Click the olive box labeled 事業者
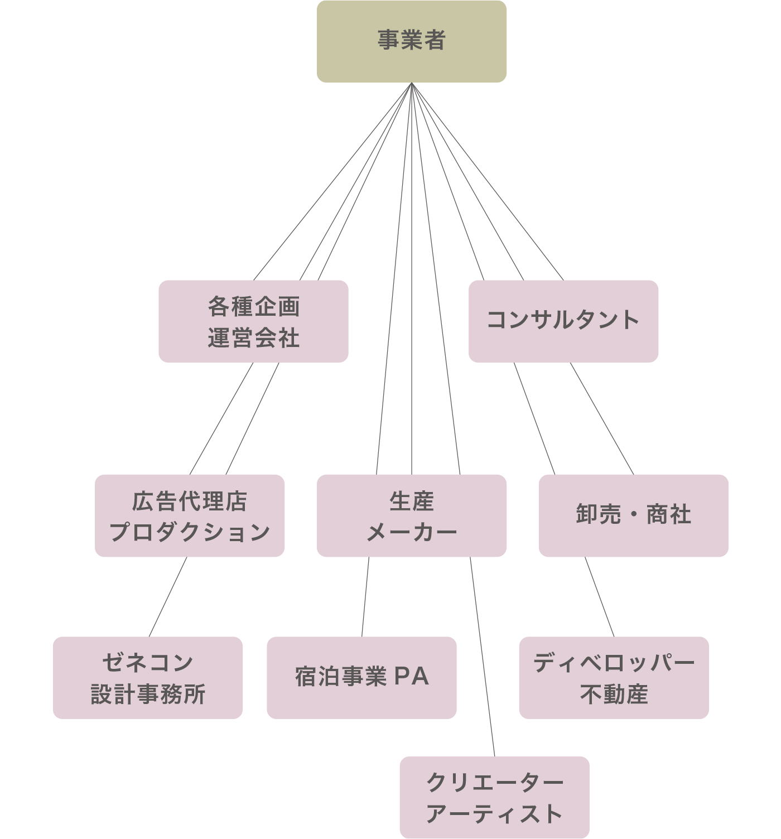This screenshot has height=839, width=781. point(411,41)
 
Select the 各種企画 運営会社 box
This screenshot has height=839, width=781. point(253,321)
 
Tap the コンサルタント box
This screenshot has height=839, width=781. point(563,321)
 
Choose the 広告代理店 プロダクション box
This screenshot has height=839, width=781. point(189,515)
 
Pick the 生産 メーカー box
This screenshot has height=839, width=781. point(411,515)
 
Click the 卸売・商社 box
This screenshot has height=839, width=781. point(633,515)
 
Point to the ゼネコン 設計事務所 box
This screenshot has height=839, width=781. point(148,678)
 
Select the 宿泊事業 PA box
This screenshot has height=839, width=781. point(361,678)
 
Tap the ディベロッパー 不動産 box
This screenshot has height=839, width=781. point(614,678)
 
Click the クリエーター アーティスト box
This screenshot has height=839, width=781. point(494,798)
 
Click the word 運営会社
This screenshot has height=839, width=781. point(253,338)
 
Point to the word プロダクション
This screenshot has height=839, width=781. point(189,532)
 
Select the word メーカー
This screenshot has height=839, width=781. point(411,532)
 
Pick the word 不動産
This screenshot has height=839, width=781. point(614,695)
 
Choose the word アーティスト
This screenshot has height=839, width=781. point(494,814)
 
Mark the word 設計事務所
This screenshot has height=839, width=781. point(148,695)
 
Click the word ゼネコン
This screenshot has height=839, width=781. point(148,662)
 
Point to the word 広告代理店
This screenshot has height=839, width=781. point(189,501)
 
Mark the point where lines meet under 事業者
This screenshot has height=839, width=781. point(411,84)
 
